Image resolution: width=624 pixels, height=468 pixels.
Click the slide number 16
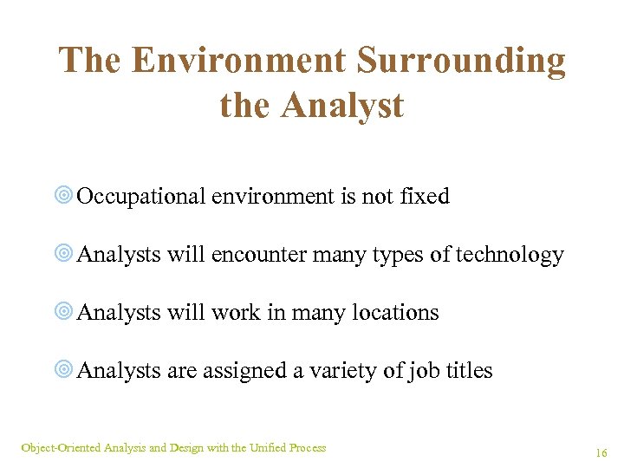tap(601, 452)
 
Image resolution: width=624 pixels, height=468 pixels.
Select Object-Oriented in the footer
tap(60, 448)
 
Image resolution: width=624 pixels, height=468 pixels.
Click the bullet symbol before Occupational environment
tap(64, 197)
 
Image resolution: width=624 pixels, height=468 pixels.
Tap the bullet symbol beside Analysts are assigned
tap(64, 371)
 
